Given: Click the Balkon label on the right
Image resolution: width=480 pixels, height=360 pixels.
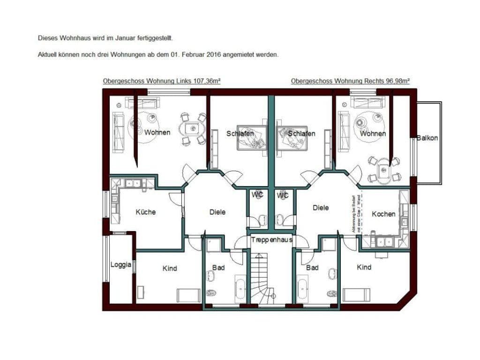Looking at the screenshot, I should [x=427, y=138].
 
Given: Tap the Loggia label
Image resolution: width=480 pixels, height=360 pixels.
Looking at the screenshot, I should [x=120, y=264].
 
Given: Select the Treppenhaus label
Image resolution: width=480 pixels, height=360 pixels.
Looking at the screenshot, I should [x=272, y=240].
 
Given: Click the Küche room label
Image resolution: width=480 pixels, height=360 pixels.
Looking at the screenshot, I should [x=145, y=212].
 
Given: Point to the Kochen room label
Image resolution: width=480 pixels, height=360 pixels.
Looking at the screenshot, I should [x=383, y=214].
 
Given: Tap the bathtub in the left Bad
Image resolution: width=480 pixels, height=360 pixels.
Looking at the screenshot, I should [x=240, y=290].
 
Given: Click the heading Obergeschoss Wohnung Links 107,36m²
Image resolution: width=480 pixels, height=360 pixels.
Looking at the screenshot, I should [x=162, y=81].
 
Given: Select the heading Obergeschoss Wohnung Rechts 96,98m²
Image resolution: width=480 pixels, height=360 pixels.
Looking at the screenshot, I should [x=350, y=81].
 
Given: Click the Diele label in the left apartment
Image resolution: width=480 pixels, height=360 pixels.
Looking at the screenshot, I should [x=217, y=212].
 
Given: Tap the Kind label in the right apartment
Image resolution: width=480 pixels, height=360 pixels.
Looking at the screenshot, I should [x=364, y=267].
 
